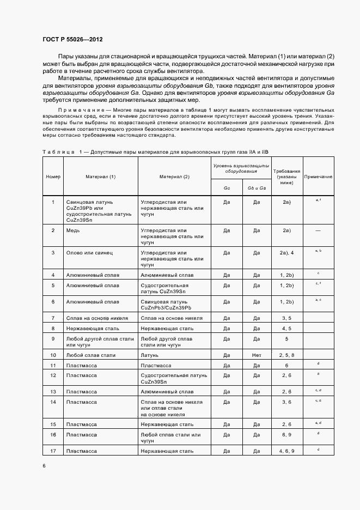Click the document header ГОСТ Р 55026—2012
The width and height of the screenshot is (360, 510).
[x=72, y=40]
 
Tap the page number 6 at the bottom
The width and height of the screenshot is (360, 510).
[x=44, y=465]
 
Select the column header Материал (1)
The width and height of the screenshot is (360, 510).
[x=100, y=177]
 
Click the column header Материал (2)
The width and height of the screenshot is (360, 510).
[x=174, y=177]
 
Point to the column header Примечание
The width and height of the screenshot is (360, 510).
[x=318, y=177]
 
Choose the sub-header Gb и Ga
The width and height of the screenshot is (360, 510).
[x=257, y=188]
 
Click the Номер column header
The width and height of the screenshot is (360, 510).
[x=53, y=177]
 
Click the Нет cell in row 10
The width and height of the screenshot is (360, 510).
[x=257, y=355]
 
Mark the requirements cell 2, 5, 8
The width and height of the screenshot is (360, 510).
[x=286, y=355]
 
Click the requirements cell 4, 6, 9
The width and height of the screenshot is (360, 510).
[x=286, y=451]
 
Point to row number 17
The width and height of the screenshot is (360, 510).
[x=53, y=451]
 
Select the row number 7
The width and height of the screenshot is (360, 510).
[x=53, y=318]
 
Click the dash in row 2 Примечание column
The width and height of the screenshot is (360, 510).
[x=318, y=230]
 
